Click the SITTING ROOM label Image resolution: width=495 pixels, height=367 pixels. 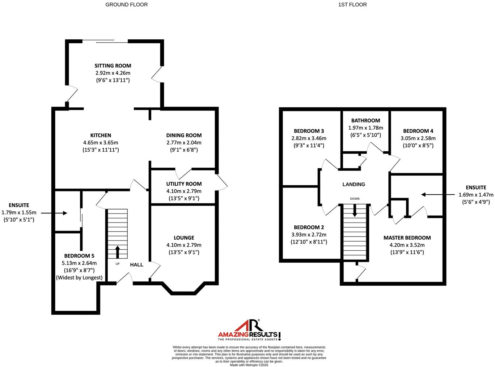[x=113, y=66]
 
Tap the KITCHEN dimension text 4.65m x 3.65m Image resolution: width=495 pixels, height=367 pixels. [x=101, y=143]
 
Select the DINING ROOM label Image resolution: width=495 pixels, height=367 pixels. [x=184, y=135]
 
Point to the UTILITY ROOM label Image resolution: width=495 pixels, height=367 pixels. [x=184, y=184]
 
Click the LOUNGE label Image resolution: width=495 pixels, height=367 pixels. [x=184, y=238]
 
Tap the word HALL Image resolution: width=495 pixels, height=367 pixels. [x=136, y=265]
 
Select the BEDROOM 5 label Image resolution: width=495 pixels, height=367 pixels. [x=79, y=256]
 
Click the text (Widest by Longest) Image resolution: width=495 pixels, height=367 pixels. [x=79, y=278]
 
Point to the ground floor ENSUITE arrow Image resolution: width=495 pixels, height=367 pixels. [x=60, y=213]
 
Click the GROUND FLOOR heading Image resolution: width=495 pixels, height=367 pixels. [x=126, y=5]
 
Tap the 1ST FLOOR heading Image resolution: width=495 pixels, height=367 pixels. [x=352, y=5]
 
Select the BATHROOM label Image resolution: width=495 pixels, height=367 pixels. [x=365, y=121]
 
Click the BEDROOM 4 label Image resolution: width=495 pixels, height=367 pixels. [x=418, y=131]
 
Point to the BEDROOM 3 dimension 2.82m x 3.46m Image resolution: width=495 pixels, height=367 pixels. [x=309, y=138]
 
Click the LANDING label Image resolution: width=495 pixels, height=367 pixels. [x=354, y=184]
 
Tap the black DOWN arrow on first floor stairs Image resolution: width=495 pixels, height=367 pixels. [x=355, y=210]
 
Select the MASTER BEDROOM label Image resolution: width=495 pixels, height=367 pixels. [x=407, y=238]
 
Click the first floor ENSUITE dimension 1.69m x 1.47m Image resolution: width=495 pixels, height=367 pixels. [x=476, y=195]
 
